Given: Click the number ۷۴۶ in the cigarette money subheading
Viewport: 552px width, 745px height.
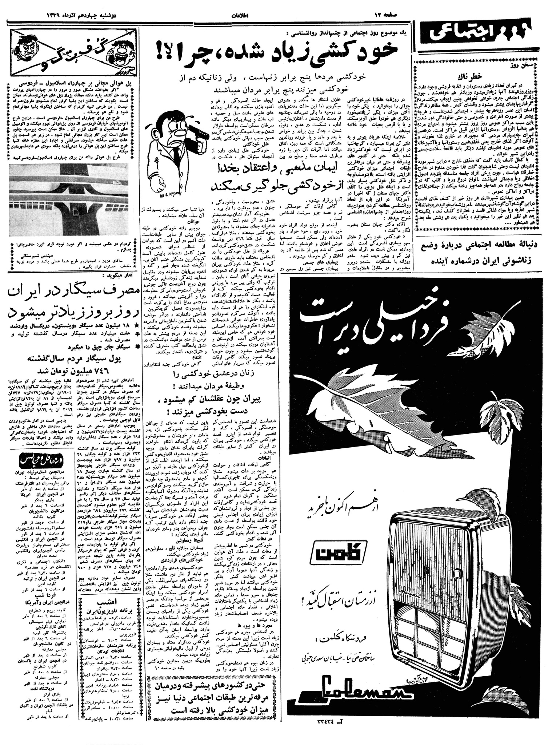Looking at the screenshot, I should pyautogui.click(x=104, y=371).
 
